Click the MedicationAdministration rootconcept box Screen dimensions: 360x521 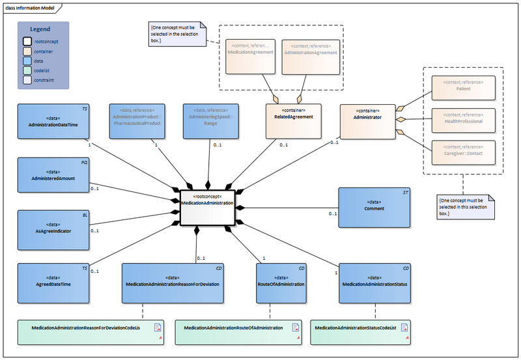(206, 207)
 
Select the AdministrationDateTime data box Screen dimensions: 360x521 (53, 121)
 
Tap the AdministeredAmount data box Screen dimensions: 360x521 (53, 175)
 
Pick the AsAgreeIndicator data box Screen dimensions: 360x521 (53, 229)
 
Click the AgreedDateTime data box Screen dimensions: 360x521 (53, 283)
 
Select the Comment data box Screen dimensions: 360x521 (374, 207)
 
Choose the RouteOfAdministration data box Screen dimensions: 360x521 (281, 283)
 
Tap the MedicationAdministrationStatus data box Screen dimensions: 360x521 (375, 283)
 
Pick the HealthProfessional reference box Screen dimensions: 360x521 (463, 120)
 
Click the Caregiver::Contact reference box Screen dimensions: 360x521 (463, 152)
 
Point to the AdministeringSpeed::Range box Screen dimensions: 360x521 (206, 121)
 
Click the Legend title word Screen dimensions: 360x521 (40, 29)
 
